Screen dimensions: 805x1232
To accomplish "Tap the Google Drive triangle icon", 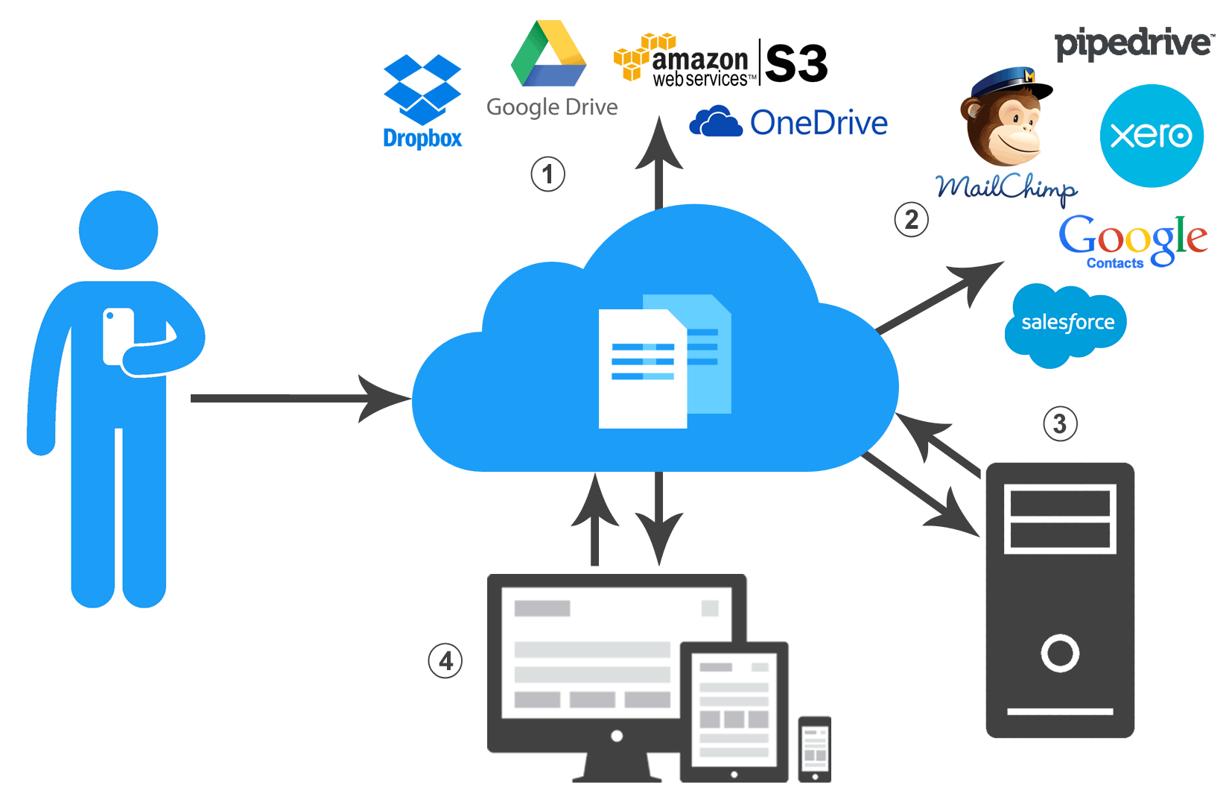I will (549, 55).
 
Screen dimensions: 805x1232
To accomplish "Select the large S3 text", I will (796, 64).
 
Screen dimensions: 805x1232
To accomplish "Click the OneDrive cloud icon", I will (715, 121).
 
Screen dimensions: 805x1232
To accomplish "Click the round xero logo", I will (1151, 136).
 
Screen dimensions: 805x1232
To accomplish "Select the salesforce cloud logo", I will (1067, 323).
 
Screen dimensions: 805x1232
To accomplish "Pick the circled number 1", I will (547, 174).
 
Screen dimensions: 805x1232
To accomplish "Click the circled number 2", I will (911, 220).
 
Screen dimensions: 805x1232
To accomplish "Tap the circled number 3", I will (1059, 424).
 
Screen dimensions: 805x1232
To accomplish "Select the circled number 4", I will (445, 661).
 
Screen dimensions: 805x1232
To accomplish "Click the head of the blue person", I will (118, 230).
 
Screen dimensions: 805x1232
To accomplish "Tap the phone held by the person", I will (118, 335).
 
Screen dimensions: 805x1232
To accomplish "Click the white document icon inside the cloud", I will (642, 370).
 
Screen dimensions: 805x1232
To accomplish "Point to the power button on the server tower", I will (1059, 653).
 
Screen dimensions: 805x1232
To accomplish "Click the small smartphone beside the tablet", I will (814, 749).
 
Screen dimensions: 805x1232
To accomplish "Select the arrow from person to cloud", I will (298, 399).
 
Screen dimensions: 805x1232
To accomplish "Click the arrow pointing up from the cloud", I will (659, 164).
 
